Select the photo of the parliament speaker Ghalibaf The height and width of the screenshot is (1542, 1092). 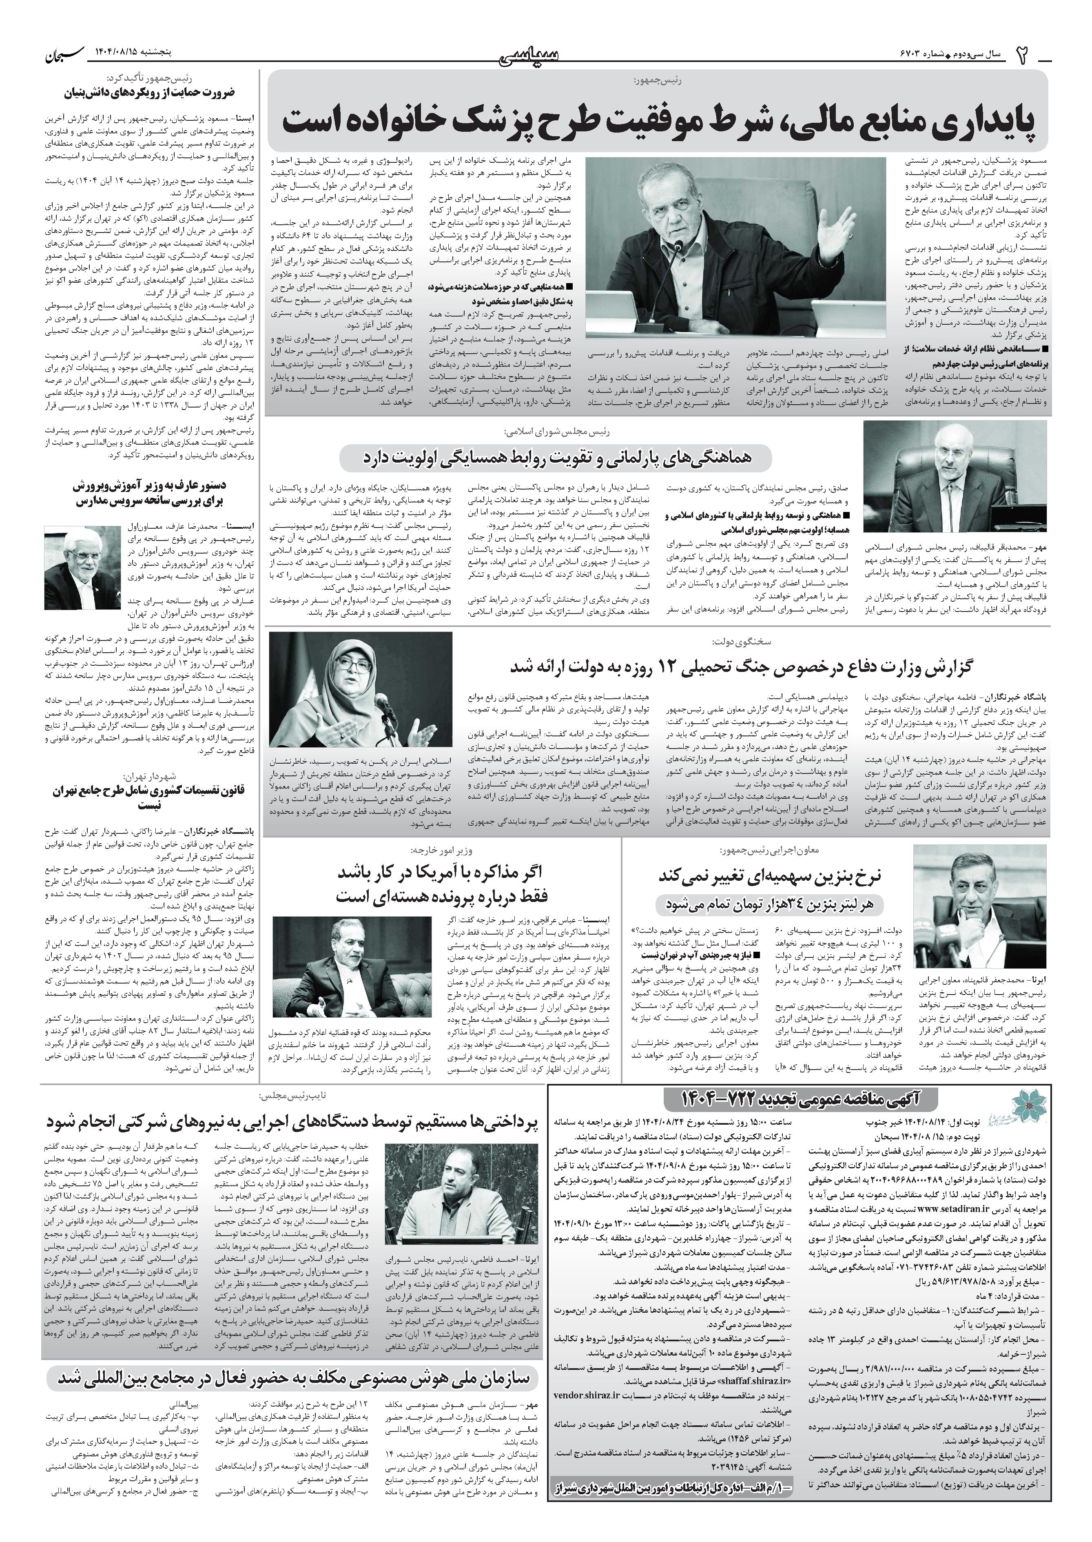(955, 477)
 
